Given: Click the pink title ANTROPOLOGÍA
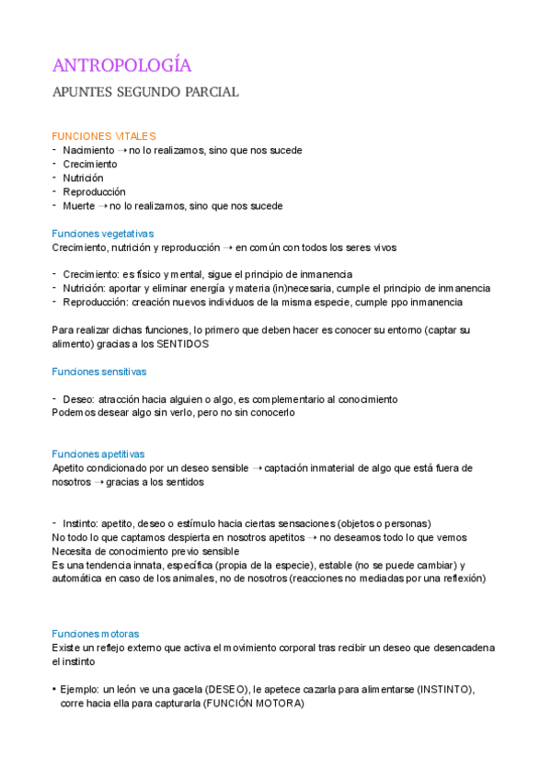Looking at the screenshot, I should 121,65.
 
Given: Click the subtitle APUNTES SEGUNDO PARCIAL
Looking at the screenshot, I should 145,92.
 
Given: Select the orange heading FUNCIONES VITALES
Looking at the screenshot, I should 104,136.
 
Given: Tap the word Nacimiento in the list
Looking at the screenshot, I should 89,150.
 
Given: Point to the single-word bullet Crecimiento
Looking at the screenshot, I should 90,164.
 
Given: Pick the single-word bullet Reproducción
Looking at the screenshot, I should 94,191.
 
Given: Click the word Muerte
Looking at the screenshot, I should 79,205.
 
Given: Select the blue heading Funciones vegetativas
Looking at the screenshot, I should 103,234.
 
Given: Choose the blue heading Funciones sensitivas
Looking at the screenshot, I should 99,372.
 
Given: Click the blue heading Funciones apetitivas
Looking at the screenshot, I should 98,454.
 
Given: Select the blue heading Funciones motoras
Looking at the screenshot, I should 96,634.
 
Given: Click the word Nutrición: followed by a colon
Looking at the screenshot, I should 86,288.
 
